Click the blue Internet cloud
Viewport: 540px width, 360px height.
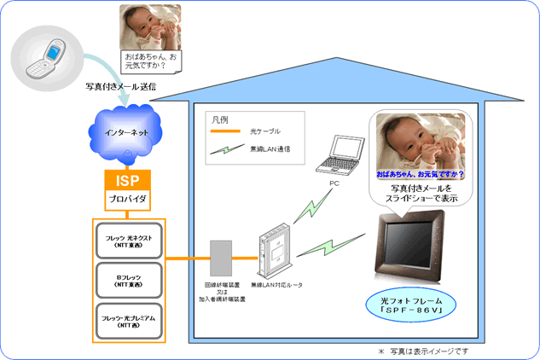click(x=127, y=135)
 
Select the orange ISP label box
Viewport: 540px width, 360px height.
click(x=127, y=181)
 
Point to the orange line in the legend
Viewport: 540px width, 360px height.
click(x=230, y=131)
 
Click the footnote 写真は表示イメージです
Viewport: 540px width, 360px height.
click(x=423, y=351)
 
